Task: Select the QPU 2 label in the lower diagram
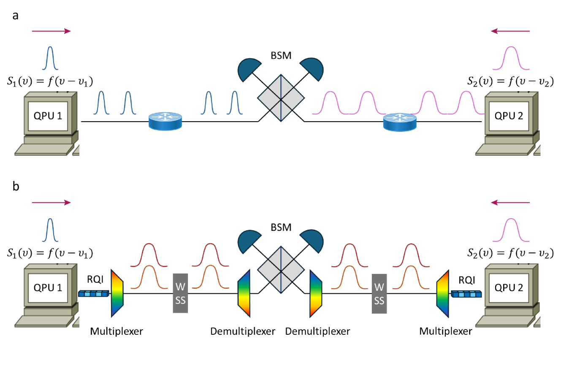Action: pos(509,287)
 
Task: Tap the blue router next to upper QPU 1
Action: pos(165,121)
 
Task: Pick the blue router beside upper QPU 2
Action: pos(399,122)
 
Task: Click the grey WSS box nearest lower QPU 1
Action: pos(180,293)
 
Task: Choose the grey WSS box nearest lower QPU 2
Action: pos(379,293)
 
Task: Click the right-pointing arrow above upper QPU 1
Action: pos(51,31)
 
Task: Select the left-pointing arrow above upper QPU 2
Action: pos(510,31)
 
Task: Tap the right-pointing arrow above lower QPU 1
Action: pos(51,203)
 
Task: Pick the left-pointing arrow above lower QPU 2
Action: pos(510,203)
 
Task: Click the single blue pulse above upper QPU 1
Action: pos(50,58)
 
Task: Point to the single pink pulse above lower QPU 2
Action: pos(511,230)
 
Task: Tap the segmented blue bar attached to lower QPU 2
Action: pos(466,293)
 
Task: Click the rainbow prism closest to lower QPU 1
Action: pos(117,293)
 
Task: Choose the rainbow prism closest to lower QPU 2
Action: pos(442,293)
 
